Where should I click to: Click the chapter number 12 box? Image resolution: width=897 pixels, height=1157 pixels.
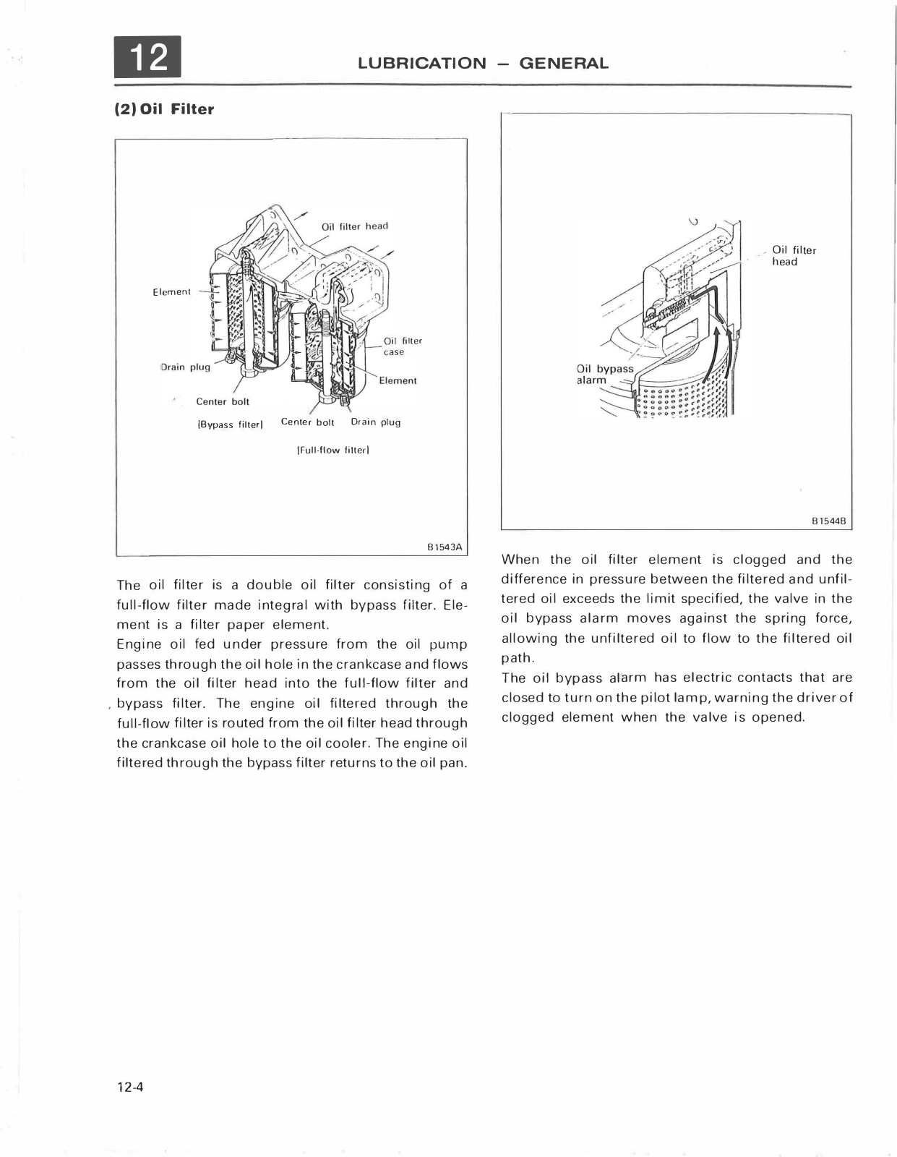[147, 56]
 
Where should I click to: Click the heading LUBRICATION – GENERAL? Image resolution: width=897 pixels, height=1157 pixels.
[483, 63]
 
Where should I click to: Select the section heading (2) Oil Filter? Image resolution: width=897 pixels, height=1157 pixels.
[165, 109]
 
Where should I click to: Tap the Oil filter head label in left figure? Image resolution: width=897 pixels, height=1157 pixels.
[354, 226]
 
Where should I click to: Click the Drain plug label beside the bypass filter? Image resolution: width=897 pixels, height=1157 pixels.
[185, 367]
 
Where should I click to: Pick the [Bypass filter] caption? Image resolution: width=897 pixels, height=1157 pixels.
[228, 424]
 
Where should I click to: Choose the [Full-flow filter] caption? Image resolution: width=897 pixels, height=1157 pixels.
[333, 450]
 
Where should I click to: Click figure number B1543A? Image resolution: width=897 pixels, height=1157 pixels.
[445, 547]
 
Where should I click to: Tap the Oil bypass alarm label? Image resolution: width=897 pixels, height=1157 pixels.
[604, 375]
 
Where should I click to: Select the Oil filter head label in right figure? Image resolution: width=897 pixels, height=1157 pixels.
[794, 256]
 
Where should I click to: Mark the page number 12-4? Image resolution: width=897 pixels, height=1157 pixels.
[131, 1087]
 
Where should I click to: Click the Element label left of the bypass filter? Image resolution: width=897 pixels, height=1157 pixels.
[171, 292]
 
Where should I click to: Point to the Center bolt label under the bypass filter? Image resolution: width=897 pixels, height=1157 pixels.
[223, 401]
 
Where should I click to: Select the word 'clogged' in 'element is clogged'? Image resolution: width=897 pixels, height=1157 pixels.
[759, 560]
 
